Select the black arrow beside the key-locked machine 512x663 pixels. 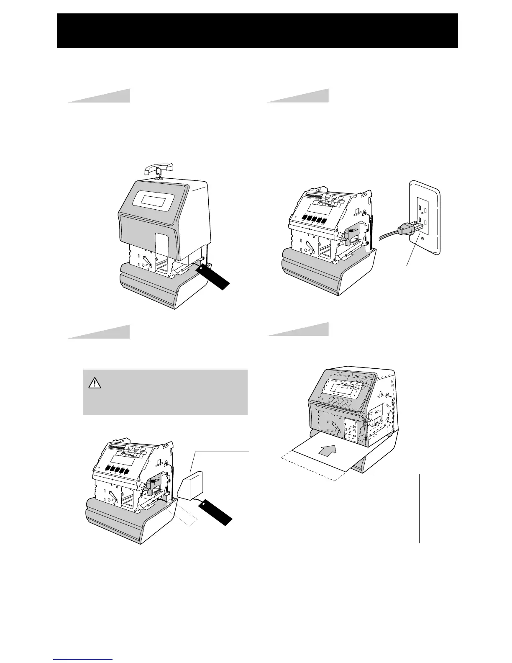[215, 276]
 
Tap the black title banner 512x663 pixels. [257, 31]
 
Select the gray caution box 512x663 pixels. [165, 392]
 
